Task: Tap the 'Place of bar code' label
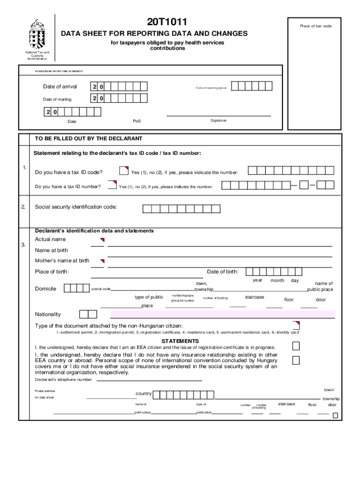click(x=316, y=26)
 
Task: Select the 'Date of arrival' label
click(x=60, y=87)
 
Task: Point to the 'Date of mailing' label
click(x=57, y=99)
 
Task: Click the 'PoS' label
click(x=137, y=121)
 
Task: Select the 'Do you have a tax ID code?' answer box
click(x=124, y=171)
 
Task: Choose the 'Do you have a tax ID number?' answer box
click(x=112, y=185)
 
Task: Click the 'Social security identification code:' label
click(x=76, y=207)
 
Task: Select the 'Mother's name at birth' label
click(x=62, y=261)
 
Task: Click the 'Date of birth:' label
click(x=223, y=272)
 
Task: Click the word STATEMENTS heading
click(x=180, y=341)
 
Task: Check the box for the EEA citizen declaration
click(x=296, y=346)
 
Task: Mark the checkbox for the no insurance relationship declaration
click(x=296, y=360)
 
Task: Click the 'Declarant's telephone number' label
click(x=63, y=380)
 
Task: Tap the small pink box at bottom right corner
click(x=335, y=415)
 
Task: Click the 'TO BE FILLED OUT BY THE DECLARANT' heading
click(x=88, y=139)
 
